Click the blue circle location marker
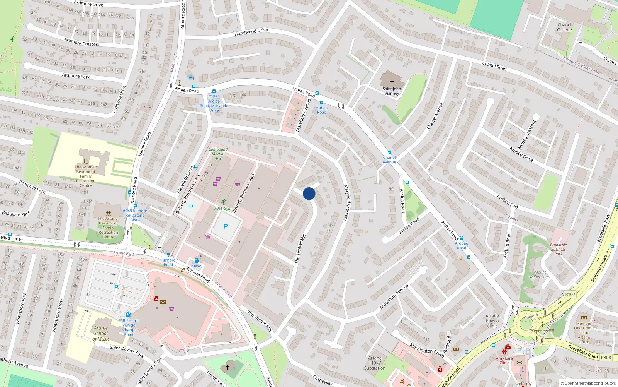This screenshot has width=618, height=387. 309,193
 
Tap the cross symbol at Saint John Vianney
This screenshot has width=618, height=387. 392,82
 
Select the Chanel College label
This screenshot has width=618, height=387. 564,27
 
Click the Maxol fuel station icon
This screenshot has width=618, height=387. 197,260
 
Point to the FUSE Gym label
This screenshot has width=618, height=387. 223,209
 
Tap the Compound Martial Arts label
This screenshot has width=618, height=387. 218,154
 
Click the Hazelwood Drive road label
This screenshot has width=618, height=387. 251,32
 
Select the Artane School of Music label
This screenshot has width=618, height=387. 101,333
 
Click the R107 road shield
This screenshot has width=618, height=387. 570,294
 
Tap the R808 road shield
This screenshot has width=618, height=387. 606,358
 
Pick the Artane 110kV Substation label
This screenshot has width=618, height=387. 375,363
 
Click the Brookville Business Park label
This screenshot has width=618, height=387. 559,249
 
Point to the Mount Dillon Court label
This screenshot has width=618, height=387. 540,274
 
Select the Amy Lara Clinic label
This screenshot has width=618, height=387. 504,360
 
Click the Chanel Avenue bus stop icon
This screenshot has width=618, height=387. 389,152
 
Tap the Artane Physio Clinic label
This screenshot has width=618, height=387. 492,321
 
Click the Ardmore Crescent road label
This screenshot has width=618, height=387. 82,42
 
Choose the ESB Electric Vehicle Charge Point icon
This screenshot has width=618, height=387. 129,315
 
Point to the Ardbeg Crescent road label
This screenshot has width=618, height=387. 527,135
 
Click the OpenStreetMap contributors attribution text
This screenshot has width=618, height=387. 588,384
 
